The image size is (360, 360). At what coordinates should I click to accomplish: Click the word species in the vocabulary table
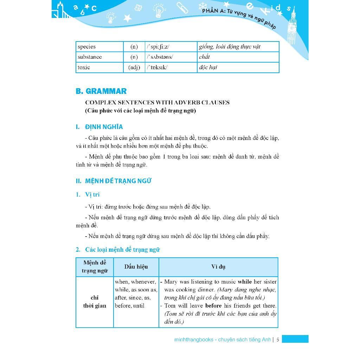pos(86,47)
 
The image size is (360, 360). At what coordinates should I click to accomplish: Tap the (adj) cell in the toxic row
pos(134,67)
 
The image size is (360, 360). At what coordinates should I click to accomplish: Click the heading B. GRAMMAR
pos(101,91)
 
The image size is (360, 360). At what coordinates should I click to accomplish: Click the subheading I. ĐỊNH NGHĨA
pos(99,127)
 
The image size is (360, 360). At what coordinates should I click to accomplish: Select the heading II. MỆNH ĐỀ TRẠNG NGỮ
pos(114,181)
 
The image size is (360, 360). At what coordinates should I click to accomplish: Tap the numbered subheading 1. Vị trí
pos(88,194)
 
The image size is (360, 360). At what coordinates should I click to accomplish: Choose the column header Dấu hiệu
pos(136,267)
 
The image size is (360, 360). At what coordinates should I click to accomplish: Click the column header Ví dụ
pos(218,267)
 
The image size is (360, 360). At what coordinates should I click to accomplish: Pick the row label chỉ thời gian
pos(95,302)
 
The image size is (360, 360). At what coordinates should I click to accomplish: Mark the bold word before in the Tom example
pos(213,306)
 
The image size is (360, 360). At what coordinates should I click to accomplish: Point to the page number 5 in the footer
pos(278,340)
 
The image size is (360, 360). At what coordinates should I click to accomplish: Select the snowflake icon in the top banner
pos(203,6)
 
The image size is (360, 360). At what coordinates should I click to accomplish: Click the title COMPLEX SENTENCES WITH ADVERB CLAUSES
pos(157,103)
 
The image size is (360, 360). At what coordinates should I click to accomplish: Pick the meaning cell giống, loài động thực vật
pos(229,47)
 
